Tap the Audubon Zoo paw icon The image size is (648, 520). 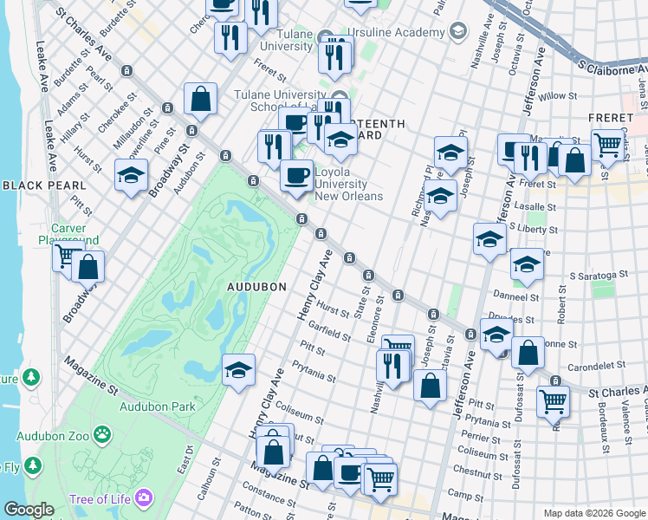(102, 432)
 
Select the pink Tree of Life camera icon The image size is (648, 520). (142, 497)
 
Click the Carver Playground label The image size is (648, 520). (68, 234)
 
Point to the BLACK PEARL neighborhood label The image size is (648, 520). (43, 185)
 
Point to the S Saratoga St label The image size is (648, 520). (597, 275)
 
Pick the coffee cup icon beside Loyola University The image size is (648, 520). (296, 176)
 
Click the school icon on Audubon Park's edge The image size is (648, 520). (238, 370)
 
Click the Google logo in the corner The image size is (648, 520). (29, 510)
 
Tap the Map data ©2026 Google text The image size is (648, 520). (593, 513)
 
